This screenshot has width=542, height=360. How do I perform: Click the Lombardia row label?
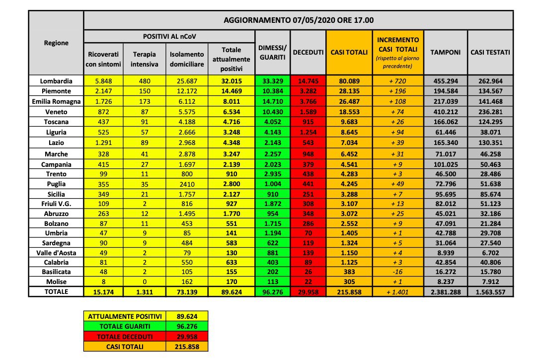(56, 80)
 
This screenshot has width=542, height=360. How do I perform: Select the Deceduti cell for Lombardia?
(308, 80)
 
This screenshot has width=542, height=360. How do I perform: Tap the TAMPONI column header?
(445, 52)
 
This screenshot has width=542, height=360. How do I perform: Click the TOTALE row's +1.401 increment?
(397, 292)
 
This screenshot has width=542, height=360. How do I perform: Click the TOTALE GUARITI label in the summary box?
(125, 326)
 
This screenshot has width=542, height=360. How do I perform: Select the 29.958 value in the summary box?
(187, 336)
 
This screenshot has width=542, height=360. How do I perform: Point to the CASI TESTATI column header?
(490, 52)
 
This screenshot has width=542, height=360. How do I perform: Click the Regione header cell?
(56, 43)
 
